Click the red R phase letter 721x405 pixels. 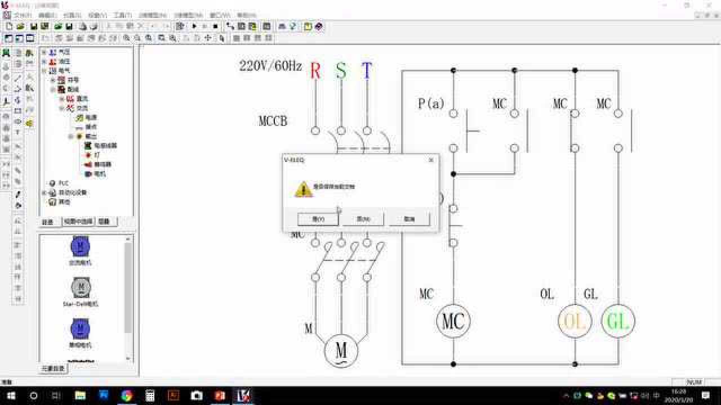pyautogui.click(x=315, y=71)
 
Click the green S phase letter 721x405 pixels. pyautogui.click(x=341, y=71)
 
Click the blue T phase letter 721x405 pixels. pyautogui.click(x=367, y=71)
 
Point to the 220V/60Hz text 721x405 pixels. pyautogui.click(x=270, y=66)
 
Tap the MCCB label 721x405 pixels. pyautogui.click(x=273, y=121)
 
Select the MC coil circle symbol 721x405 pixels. pyautogui.click(x=453, y=321)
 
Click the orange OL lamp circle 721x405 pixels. pyautogui.click(x=575, y=321)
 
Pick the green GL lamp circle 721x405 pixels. pyautogui.click(x=618, y=321)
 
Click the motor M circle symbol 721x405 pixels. pyautogui.click(x=341, y=350)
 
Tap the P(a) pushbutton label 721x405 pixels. pyautogui.click(x=431, y=103)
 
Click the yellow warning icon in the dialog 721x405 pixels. pyautogui.click(x=303, y=189)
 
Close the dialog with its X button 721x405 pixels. pyautogui.click(x=431, y=160)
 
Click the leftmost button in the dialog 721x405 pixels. pyautogui.click(x=318, y=219)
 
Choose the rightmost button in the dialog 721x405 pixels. pyautogui.click(x=409, y=219)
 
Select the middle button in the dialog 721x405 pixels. pyautogui.click(x=363, y=219)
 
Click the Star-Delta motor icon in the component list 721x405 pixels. pyautogui.click(x=80, y=288)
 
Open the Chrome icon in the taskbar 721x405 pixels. pyautogui.click(x=127, y=395)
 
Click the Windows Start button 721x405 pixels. pyautogui.click(x=11, y=395)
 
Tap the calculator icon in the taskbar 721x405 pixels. pyautogui.click(x=150, y=395)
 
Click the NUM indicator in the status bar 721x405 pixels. pyautogui.click(x=695, y=382)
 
